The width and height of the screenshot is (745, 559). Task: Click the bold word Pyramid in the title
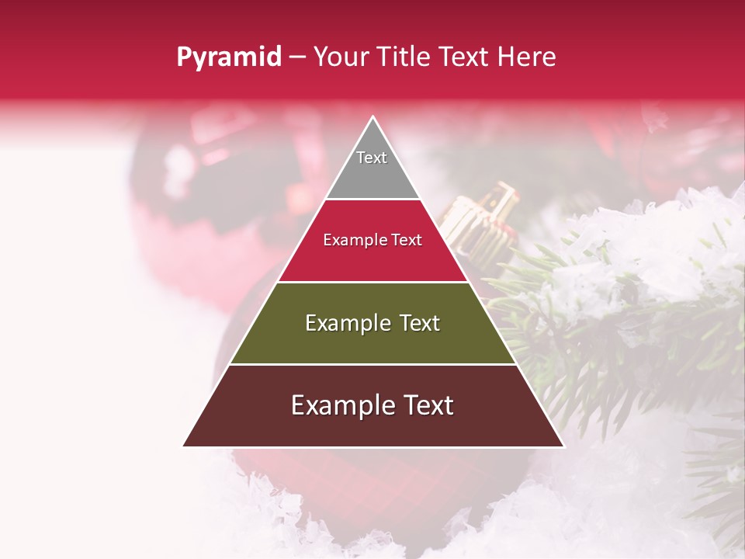[x=229, y=57]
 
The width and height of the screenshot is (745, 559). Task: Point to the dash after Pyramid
[x=297, y=57]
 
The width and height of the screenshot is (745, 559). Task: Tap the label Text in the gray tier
[x=372, y=158]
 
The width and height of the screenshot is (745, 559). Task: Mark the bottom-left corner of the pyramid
[x=183, y=446]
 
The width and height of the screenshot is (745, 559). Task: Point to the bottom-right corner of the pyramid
[x=563, y=446]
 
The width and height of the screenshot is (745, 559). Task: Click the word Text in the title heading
[x=464, y=57]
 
